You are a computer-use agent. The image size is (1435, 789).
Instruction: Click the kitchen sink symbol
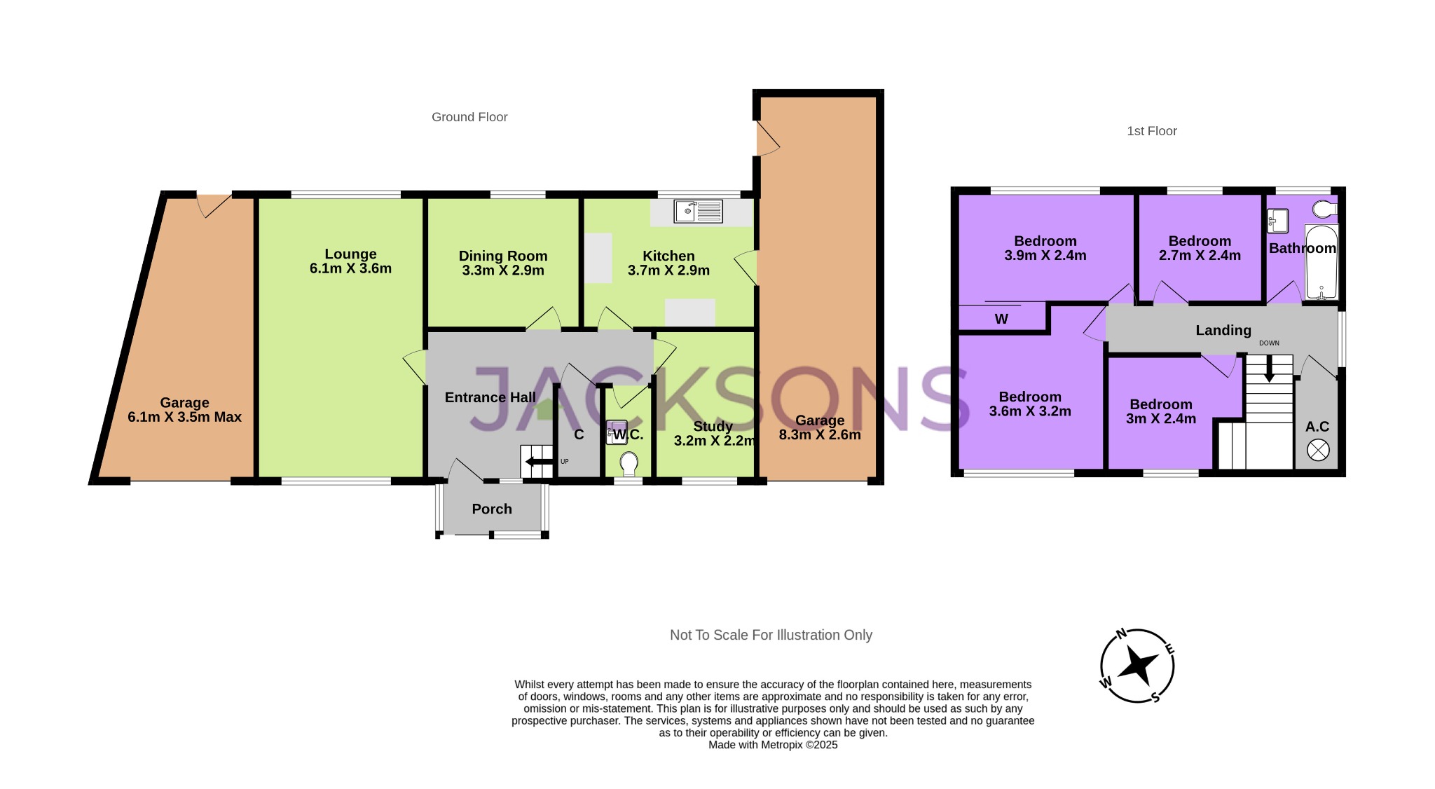pos(698,211)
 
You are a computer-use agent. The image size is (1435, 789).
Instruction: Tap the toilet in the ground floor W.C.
pos(629,463)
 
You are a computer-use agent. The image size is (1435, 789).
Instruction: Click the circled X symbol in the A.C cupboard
pos(1318,450)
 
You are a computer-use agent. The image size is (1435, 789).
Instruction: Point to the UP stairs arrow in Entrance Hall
pos(538,462)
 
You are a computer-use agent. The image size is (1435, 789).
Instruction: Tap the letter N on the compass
pos(1121,634)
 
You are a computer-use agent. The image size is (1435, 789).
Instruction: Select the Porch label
pos(492,509)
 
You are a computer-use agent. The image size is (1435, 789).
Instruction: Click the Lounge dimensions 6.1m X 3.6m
pos(350,268)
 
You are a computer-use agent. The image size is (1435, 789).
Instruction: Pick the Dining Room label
pos(503,256)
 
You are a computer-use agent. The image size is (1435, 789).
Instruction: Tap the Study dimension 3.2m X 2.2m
pos(714,441)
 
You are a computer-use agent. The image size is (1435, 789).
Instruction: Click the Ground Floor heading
pos(469,117)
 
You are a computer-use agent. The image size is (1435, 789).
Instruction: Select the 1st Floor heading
pos(1151,131)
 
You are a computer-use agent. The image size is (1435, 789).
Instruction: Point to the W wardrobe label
pos(1001,320)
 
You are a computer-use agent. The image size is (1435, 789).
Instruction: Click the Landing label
pos(1223,330)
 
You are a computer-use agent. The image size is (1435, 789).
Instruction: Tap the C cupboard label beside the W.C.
pos(579,435)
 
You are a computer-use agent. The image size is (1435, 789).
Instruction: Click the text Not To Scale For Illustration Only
pos(771,635)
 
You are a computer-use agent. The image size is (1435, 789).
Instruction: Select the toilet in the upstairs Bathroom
pos(1324,209)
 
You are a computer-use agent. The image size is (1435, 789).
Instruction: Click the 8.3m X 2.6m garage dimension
pos(820,434)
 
